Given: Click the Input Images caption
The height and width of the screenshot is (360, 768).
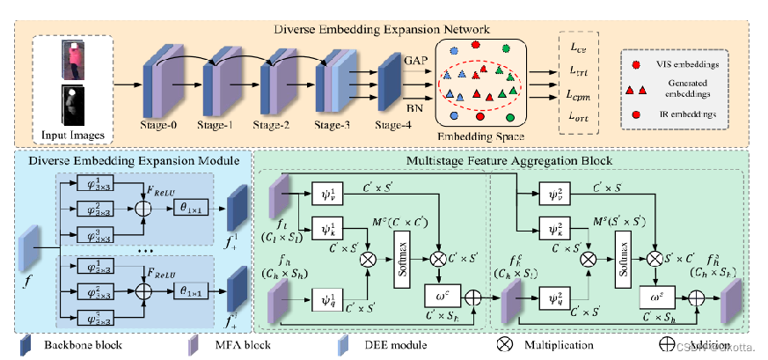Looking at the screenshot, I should [x=69, y=134].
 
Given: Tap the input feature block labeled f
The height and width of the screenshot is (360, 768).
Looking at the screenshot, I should [x=31, y=248].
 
